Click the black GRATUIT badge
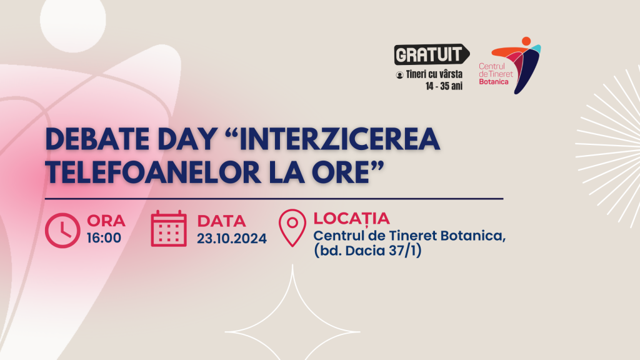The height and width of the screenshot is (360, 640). coord(432,54)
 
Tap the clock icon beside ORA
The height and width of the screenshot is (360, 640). coord(62,230)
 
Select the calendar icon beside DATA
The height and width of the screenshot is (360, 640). coord(169,229)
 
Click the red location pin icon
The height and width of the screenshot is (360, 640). coord(292,227)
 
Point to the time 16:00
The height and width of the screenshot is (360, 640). coord(104,237)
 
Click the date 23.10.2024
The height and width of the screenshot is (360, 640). coord(232,238)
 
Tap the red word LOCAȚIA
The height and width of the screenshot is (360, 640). coord(351,219)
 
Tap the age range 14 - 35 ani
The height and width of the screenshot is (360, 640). coord(444,86)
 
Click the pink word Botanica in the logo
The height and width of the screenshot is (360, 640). coord(494,82)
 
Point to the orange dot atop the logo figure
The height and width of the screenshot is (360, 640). coord(526,41)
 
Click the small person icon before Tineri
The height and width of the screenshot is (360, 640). coord(399,75)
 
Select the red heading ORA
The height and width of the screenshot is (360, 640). coord(106,221)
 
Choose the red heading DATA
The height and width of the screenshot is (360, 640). coord(222,221)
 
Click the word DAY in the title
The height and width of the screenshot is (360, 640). coord(187,139)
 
